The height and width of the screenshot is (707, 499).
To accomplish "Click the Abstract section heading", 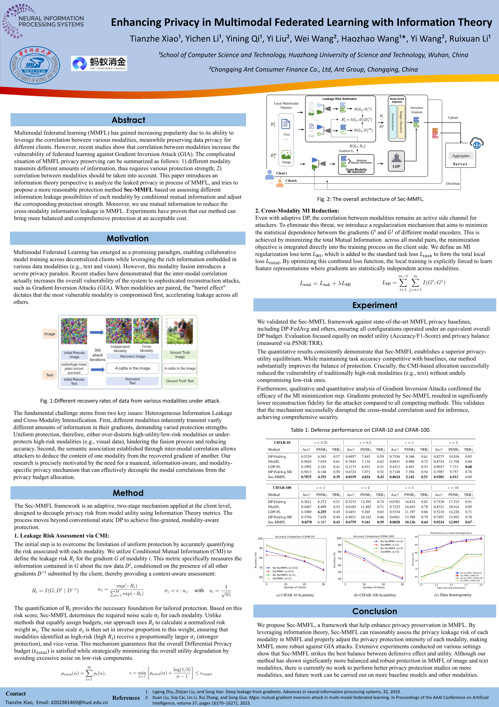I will pyautogui.click(x=128, y=120).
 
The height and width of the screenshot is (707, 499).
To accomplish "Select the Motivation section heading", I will pyautogui.click(x=128, y=238).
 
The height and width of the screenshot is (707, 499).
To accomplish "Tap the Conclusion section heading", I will pyautogui.click(x=374, y=611).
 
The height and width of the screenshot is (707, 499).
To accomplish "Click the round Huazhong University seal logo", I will pyautogui.click(x=35, y=65).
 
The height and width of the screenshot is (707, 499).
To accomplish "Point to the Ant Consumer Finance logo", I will pyautogui.click(x=99, y=63).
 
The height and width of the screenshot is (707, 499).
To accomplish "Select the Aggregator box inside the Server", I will pyautogui.click(x=460, y=156).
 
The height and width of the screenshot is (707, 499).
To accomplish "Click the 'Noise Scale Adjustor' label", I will pyautogui.click(x=397, y=100).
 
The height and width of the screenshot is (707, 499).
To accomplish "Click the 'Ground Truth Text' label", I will pyautogui.click(x=180, y=381).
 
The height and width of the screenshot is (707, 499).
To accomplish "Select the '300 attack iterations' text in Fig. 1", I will pyautogui.click(x=98, y=355).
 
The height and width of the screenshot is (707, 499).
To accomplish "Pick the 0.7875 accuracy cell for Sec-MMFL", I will pyautogui.click(x=306, y=477).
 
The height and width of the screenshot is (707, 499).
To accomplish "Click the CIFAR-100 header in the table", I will pyautogui.click(x=282, y=488).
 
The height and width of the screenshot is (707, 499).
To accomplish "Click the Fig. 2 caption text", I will pyautogui.click(x=370, y=199).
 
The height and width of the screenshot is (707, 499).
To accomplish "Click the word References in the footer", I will pyautogui.click(x=126, y=698).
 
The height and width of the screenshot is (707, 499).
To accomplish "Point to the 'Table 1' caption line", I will pyautogui.click(x=361, y=430).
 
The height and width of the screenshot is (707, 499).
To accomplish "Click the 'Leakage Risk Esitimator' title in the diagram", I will pyautogui.click(x=339, y=99).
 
